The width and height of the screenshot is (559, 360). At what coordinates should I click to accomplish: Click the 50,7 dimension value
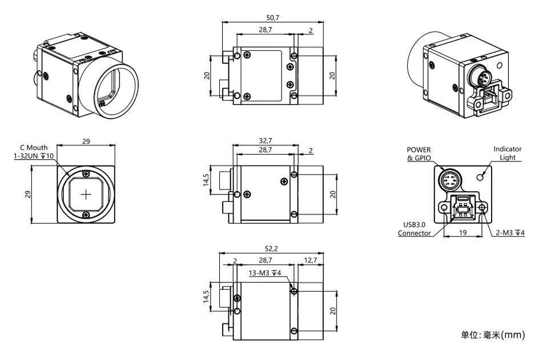pos(273,18)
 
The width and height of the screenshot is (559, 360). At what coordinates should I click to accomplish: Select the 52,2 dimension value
pos(271,249)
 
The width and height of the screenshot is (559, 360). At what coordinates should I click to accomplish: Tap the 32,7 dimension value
pos(266,141)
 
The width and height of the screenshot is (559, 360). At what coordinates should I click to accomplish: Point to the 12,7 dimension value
pos(310,260)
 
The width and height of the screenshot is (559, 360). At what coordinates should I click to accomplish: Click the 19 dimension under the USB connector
pos(463,233)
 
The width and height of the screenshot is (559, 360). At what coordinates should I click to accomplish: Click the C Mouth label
pos(34,147)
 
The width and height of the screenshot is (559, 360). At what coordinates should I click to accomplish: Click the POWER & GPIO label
pos(419,154)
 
